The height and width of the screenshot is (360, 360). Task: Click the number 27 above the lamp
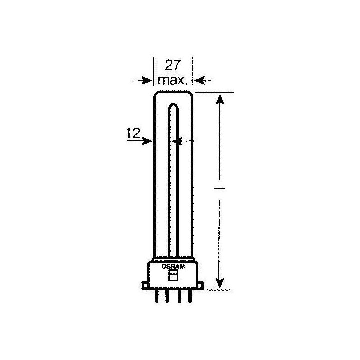tap(173, 65)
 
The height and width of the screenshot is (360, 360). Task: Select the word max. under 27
tap(173, 79)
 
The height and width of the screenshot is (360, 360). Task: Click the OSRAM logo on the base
tap(173, 267)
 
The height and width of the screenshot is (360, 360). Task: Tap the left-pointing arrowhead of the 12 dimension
tap(176, 141)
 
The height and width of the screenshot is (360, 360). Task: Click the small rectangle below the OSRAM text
tap(173, 276)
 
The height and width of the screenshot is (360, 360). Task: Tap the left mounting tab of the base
tap(145, 286)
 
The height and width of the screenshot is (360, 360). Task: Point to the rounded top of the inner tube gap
tap(173, 106)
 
